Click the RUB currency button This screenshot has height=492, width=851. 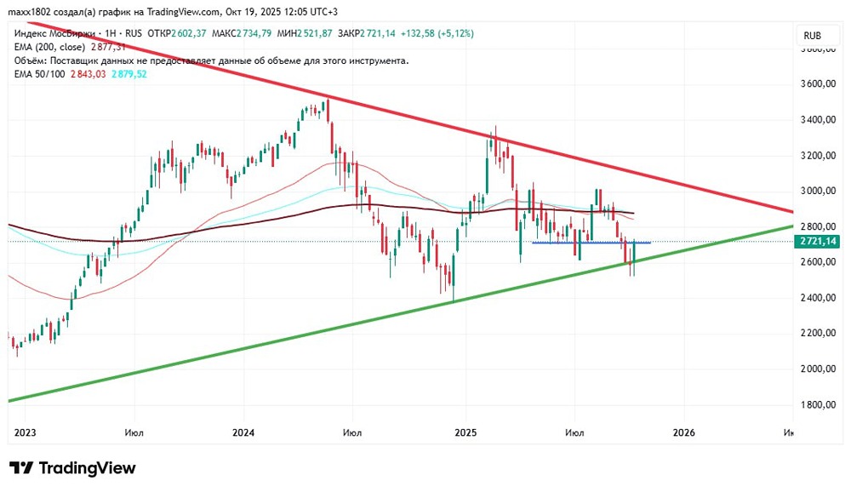pyautogui.click(x=812, y=37)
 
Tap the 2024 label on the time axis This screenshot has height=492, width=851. pyautogui.click(x=244, y=432)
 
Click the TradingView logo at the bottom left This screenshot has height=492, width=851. pyautogui.click(x=72, y=468)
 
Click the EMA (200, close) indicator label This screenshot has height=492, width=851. pyautogui.click(x=49, y=48)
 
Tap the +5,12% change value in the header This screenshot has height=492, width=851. pyautogui.click(x=455, y=33)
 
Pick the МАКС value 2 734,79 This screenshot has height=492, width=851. pyautogui.click(x=256, y=33)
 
